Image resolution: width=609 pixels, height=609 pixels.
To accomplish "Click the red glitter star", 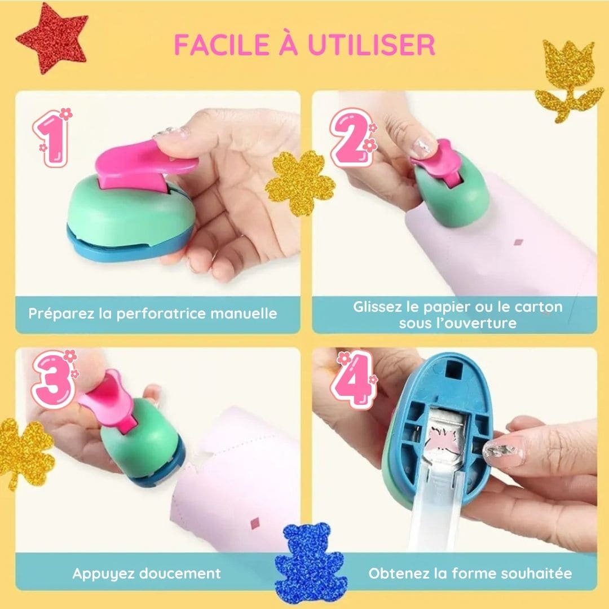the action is click(x=52, y=39).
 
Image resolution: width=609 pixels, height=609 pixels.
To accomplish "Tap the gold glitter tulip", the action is click(x=568, y=80).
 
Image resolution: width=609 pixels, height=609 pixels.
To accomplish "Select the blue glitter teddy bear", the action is click(x=309, y=563).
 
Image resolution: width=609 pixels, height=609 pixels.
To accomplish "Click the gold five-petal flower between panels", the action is click(x=300, y=183).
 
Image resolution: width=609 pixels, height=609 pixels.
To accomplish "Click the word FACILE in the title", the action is click(x=222, y=45).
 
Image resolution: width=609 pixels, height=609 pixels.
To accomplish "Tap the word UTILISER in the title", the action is click(x=371, y=45).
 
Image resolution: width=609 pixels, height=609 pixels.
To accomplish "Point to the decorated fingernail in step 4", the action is click(x=503, y=451).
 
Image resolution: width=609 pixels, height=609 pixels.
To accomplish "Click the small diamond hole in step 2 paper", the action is click(x=519, y=242).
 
